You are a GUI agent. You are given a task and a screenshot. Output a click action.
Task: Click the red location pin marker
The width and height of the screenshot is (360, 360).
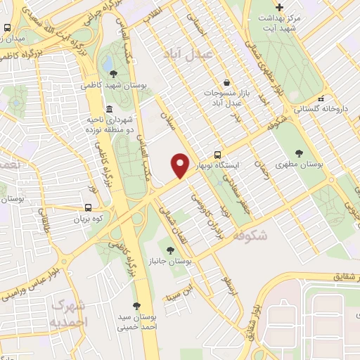181,165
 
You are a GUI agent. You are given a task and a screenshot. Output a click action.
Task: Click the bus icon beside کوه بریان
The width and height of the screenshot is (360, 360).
88,207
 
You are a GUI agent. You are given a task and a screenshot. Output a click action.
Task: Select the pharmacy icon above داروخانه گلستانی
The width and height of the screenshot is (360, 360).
321,98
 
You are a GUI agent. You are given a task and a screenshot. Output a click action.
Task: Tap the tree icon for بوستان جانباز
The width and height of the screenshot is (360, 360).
169,250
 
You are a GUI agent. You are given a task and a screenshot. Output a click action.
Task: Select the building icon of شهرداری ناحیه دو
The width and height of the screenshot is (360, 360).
108,110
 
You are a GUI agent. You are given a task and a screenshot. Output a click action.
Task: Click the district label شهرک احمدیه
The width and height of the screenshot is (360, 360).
67,314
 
